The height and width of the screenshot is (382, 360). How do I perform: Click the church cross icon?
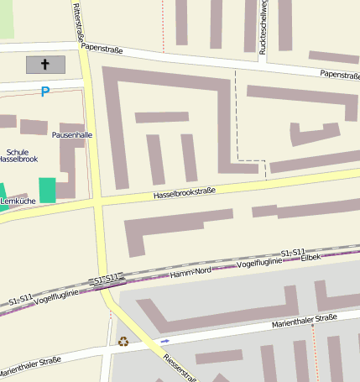click(45, 64)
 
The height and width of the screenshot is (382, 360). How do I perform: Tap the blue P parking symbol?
click(44, 91)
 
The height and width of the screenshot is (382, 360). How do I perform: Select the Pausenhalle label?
click(72, 134)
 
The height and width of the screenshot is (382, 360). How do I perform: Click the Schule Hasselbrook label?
click(18, 154)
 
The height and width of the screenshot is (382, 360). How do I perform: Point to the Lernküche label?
click(18, 201)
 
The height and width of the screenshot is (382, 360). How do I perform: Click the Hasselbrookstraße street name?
click(184, 193)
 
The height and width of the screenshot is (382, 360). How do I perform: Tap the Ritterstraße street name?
click(79, 21)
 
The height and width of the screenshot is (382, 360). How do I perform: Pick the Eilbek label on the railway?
click(312, 257)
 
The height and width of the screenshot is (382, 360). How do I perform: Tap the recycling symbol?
click(123, 341)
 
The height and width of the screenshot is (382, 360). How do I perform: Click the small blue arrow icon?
click(164, 341)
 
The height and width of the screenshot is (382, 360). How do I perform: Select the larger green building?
click(47, 190)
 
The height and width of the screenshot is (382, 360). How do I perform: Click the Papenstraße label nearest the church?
click(102, 50)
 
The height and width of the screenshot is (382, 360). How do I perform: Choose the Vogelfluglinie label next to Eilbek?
click(267, 263)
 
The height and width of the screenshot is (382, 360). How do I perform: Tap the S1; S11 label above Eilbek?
click(293, 252)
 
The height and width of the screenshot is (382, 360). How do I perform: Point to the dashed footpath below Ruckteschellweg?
click(237, 118)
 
